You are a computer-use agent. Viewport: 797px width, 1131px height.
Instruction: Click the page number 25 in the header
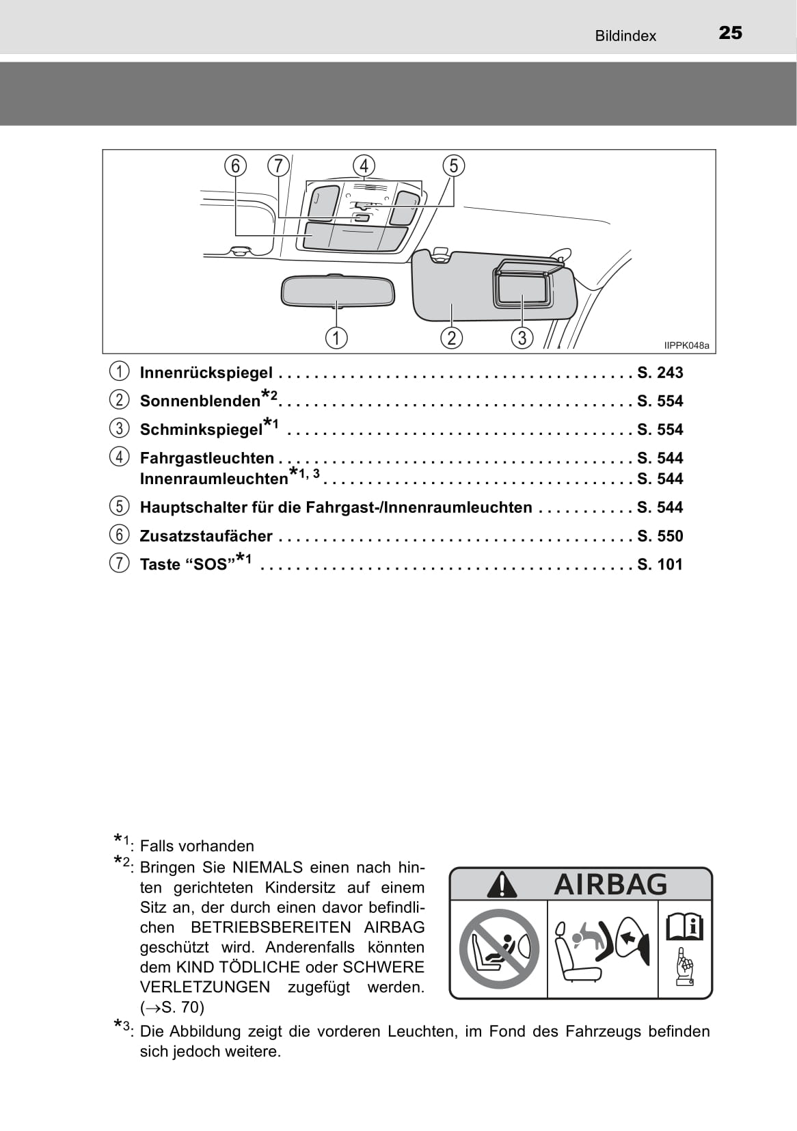pos(730,33)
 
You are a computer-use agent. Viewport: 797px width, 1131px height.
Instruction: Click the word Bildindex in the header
pos(625,36)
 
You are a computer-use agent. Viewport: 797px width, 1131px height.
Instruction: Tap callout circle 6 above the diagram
pos(235,166)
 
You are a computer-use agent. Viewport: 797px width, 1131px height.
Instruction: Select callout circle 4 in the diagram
pos(364,166)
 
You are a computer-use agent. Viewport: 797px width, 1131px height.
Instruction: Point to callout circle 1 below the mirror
pos(336,337)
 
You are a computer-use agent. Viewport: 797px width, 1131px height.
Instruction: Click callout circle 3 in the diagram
pos(522,337)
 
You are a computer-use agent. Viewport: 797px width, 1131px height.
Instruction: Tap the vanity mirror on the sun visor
pos(523,288)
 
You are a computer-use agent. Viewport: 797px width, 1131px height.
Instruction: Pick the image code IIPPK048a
pos(686,346)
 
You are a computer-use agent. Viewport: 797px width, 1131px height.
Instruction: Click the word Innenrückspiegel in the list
pos(206,373)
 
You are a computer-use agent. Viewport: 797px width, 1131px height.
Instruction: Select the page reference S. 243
pos(660,373)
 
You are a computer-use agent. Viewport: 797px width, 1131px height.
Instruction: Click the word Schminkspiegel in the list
pos(201,429)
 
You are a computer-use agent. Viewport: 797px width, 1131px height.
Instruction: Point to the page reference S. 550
pos(660,536)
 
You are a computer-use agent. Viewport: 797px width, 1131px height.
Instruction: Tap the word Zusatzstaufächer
pos(206,536)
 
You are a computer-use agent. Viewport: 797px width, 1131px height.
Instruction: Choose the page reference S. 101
pos(660,565)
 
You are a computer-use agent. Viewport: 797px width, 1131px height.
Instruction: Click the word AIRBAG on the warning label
pos(610,884)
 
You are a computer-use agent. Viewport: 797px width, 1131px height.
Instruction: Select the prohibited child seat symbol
pos(499,949)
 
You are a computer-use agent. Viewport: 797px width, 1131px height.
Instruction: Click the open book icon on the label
pos(684,927)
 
